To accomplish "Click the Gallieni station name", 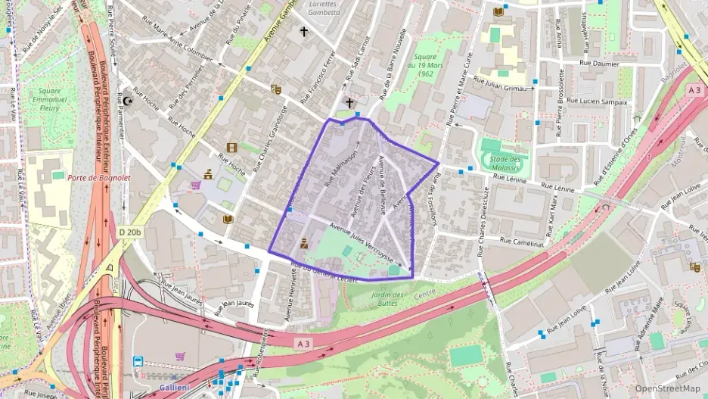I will coord(174,388).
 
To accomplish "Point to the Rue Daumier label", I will coord(599,64).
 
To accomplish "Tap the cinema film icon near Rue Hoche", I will coord(231,148).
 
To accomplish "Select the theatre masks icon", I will coord(276,89).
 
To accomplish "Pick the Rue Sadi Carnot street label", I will coord(355,58).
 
